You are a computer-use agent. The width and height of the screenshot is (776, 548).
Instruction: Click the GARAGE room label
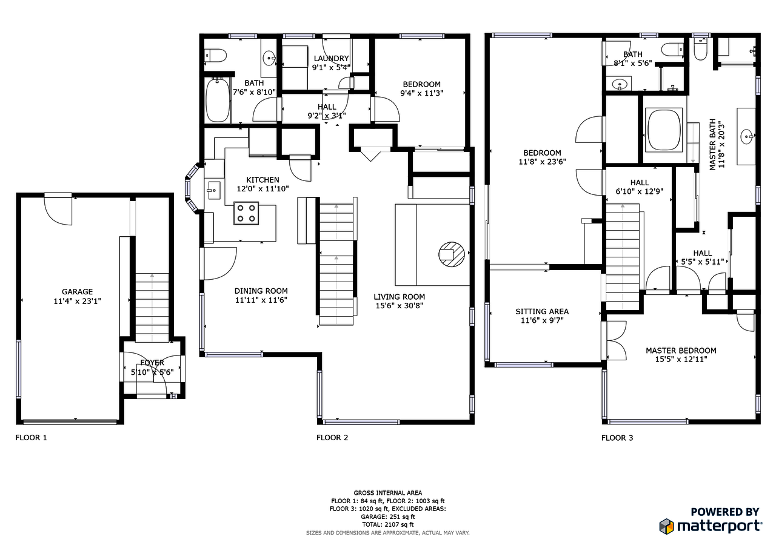point(77,291)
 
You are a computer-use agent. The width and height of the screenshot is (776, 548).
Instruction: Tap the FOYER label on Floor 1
point(152,363)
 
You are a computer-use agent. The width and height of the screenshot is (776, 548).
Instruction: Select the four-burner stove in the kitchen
point(247,213)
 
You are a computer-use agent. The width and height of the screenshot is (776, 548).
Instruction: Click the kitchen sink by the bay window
point(213,190)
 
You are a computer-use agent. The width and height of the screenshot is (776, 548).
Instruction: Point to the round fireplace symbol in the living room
point(452,254)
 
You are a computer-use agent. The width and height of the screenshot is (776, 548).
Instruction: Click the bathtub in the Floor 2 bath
point(217,100)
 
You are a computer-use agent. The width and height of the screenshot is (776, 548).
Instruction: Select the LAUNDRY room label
point(331,58)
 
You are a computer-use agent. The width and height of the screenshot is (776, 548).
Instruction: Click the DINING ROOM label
point(261,291)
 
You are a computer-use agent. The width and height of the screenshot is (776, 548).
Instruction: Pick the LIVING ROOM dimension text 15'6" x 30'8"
point(400,306)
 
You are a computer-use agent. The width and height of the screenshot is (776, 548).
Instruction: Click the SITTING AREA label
point(542,311)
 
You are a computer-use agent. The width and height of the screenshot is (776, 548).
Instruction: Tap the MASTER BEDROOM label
point(681,351)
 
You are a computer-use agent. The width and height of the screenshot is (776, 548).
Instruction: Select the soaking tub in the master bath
point(665,130)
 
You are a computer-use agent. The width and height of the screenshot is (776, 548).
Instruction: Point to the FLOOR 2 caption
point(332,437)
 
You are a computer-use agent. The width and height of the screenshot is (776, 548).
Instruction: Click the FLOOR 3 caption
point(617,437)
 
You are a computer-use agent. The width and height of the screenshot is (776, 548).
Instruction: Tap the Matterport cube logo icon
point(667,526)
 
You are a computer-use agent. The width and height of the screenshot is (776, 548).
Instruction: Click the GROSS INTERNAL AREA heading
point(388,493)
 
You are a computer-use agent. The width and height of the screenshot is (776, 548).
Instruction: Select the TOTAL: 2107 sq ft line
point(388,524)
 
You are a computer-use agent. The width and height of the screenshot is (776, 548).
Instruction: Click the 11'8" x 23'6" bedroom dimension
point(541,162)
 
